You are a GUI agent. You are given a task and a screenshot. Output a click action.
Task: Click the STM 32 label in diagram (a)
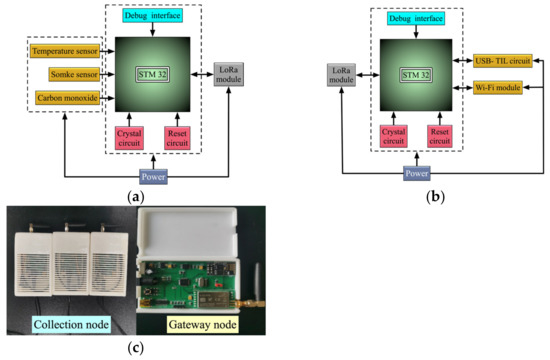[x=151, y=72]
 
